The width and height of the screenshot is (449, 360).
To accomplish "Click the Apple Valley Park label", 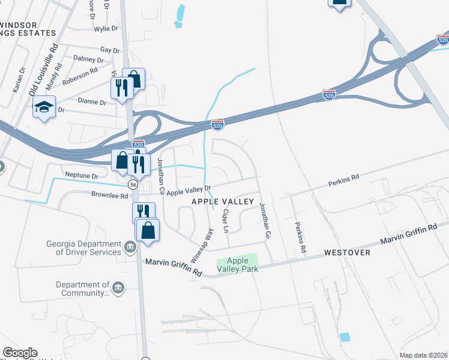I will click(237, 265).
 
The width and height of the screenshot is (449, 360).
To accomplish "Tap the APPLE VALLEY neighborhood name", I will click(223, 202).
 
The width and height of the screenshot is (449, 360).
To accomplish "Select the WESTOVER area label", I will click(347, 253).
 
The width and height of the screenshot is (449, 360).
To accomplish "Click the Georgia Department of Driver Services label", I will click(84, 248).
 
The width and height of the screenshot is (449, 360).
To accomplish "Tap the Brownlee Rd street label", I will click(110, 196).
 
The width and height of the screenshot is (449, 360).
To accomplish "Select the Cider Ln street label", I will click(226, 221).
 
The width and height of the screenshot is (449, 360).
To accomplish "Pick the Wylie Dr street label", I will click(106, 29).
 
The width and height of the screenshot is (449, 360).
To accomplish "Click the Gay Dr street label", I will click(110, 50).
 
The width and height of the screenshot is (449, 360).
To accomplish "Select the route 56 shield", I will click(133, 185).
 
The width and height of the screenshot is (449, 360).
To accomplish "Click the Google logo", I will click(20, 353).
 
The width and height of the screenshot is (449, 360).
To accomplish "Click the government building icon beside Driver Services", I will click(130, 247).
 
